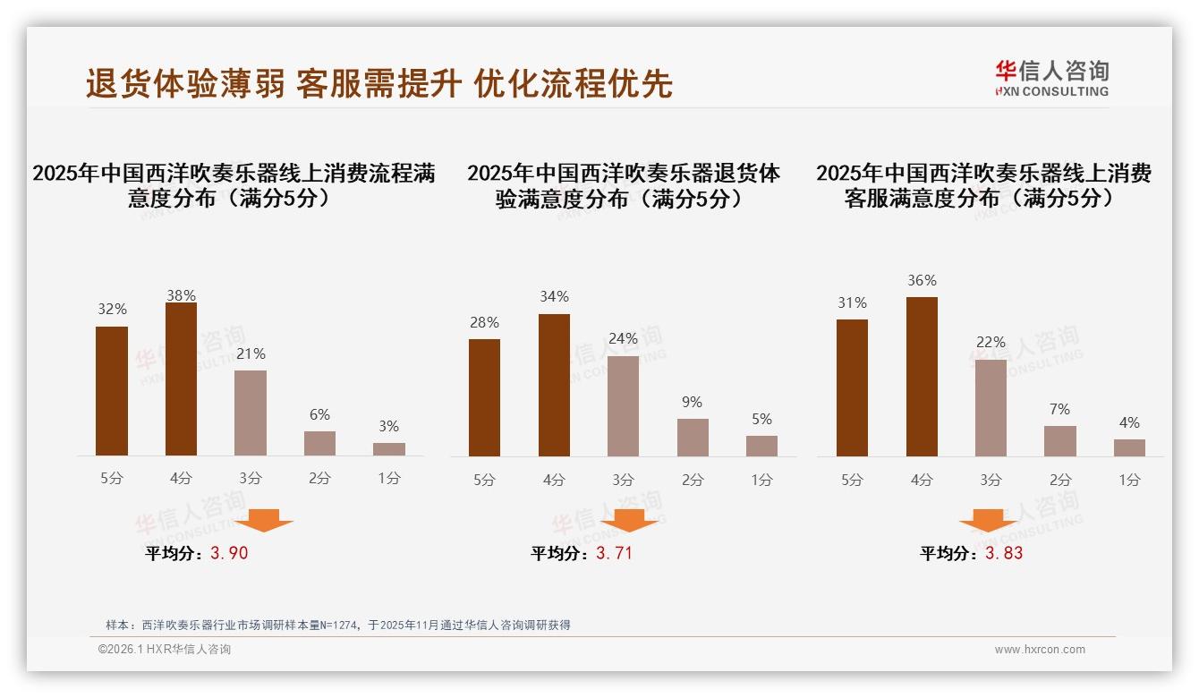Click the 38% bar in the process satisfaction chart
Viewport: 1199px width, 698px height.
[x=182, y=379]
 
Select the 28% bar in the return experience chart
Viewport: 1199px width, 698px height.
[x=484, y=397]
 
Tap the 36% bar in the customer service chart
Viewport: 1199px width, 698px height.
[x=922, y=377]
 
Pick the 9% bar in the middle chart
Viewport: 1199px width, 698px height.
[x=693, y=438]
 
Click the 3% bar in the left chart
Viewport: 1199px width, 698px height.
[x=389, y=449]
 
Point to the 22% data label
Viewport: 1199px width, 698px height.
[x=991, y=342]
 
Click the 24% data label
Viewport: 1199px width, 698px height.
[x=623, y=338]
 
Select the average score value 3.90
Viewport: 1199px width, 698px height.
[x=229, y=553]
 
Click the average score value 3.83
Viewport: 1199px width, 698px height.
[x=1004, y=553]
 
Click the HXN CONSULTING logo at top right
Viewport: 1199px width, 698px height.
[x=1051, y=78]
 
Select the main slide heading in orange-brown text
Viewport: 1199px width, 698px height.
[x=378, y=83]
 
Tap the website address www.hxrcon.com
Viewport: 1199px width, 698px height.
[x=1040, y=650]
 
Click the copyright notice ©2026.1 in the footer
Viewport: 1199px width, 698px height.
[x=165, y=650]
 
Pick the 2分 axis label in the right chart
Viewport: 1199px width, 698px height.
[x=1060, y=480]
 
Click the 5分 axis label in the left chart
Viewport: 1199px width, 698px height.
[x=112, y=478]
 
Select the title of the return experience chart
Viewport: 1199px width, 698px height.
[x=623, y=186]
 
